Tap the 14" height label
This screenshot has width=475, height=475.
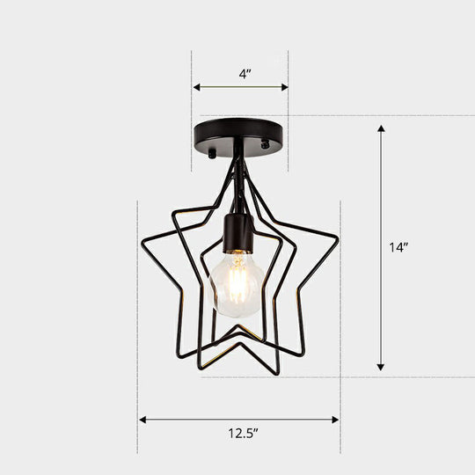click(x=400, y=247)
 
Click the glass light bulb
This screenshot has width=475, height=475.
click(x=236, y=284)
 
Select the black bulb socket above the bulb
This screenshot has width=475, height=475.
click(x=237, y=232)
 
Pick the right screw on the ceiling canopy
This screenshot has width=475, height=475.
click(x=267, y=140)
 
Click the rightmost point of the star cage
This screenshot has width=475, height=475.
click(x=338, y=237)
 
